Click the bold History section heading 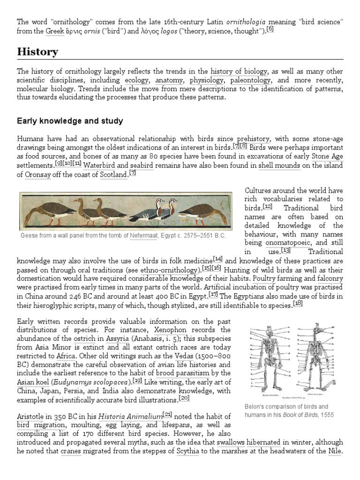(37, 52)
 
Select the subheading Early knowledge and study (70, 121)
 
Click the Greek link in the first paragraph (54, 31)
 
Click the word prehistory (253, 139)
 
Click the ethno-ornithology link (176, 270)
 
